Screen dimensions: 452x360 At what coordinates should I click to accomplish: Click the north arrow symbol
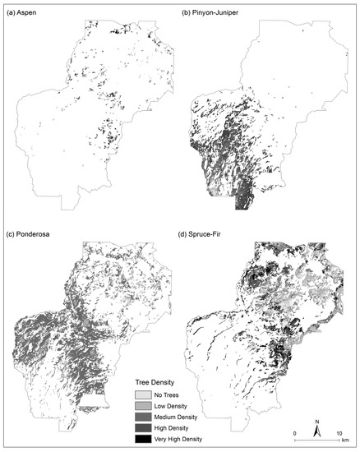coord(317,427)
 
